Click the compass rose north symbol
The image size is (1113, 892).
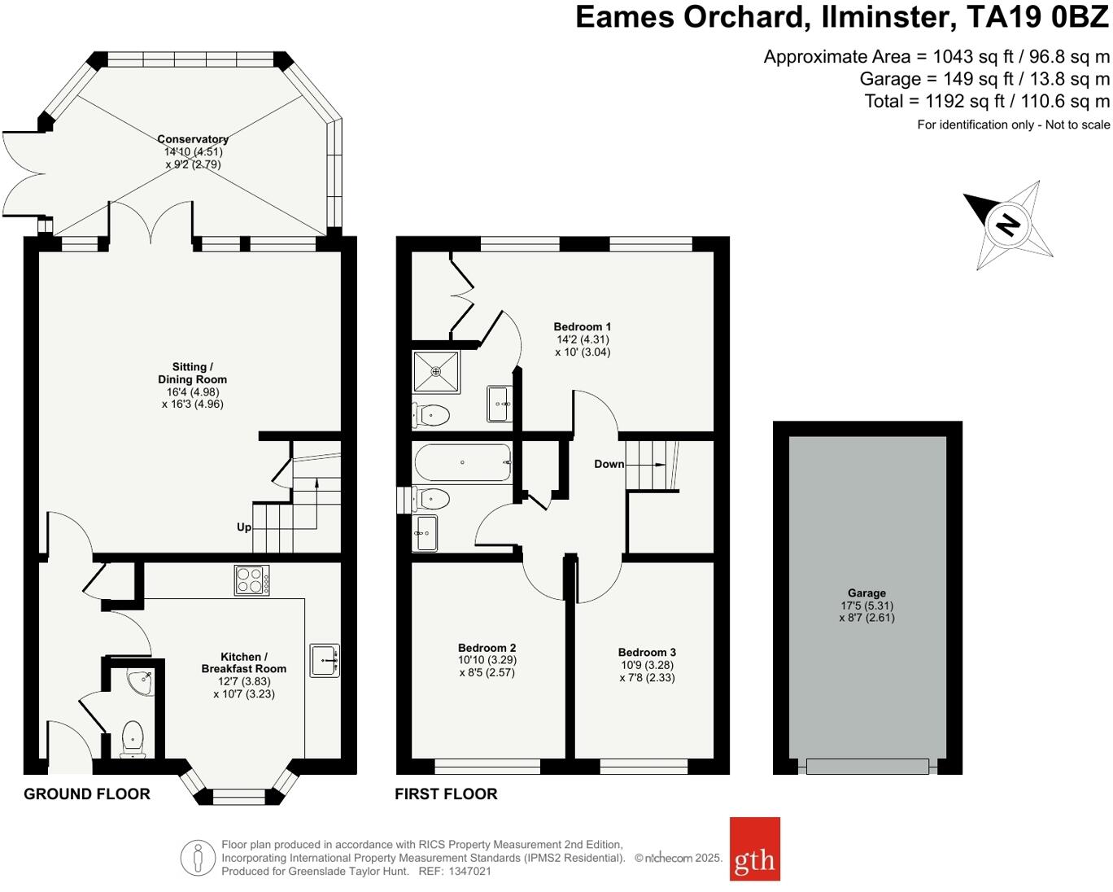(x=1010, y=224)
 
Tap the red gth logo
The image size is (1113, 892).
(x=754, y=849)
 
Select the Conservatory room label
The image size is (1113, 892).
(x=193, y=139)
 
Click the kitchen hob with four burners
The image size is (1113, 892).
(x=252, y=580)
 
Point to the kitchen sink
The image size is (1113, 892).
(x=325, y=659)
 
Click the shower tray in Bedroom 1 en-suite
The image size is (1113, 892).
(x=436, y=371)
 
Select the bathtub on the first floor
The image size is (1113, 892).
(x=462, y=462)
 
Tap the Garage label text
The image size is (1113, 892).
(x=866, y=593)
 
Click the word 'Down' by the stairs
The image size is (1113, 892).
(x=609, y=464)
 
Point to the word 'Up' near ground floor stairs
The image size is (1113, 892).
(x=244, y=527)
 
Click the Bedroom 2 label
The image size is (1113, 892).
(x=487, y=648)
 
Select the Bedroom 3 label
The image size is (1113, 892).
(x=647, y=652)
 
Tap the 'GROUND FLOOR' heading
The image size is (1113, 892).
(x=87, y=794)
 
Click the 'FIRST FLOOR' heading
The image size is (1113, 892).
(x=446, y=794)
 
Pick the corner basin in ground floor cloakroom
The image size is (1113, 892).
(x=142, y=681)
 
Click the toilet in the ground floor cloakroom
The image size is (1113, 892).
(x=133, y=739)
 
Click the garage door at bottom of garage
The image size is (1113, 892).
(x=867, y=766)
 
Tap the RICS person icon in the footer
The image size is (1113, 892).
(x=198, y=858)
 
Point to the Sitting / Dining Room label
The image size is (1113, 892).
(x=193, y=373)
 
